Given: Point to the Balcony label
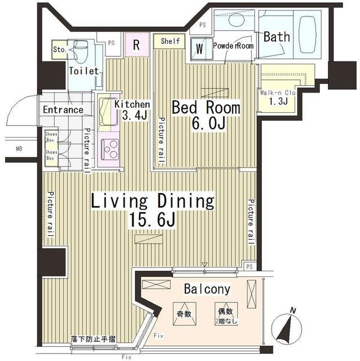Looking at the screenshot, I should click(x=207, y=289).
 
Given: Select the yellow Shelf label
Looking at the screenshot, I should click(x=170, y=41).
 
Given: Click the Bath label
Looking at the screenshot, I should click(x=277, y=37).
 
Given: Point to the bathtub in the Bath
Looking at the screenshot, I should click(x=307, y=34).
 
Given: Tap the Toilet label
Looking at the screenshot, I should click(x=84, y=71).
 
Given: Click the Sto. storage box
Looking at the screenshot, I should click(x=60, y=49).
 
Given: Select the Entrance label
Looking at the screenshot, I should click(x=63, y=110).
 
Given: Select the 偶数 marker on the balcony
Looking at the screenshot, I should click(x=225, y=312).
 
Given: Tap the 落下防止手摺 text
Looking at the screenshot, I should click(x=93, y=340).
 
